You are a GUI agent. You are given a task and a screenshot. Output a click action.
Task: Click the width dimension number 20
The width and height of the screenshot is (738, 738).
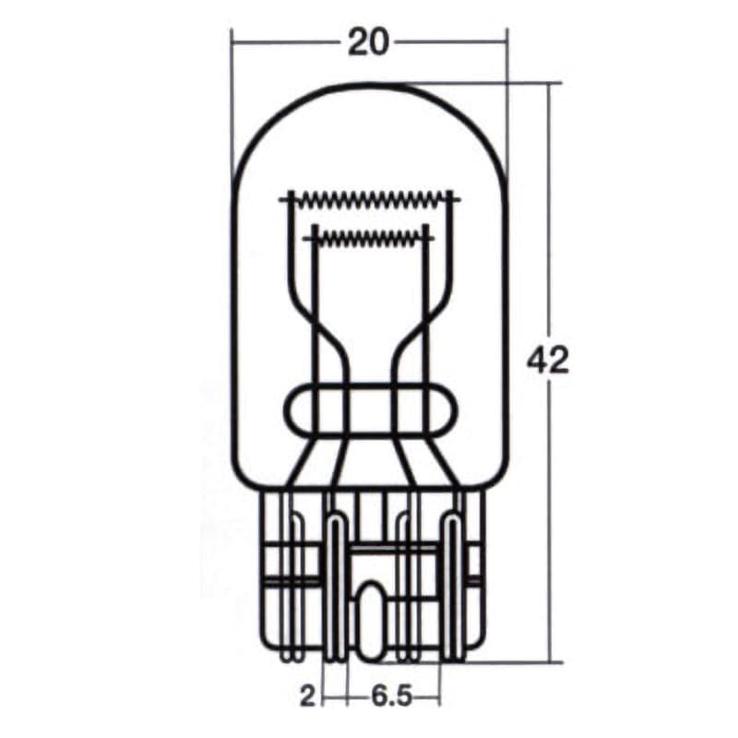(368, 42)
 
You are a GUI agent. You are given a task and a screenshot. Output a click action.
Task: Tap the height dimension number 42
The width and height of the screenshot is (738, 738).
(548, 362)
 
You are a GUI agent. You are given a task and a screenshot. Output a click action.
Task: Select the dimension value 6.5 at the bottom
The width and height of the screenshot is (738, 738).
(393, 695)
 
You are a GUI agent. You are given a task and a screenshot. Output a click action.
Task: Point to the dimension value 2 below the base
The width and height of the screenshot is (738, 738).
(307, 695)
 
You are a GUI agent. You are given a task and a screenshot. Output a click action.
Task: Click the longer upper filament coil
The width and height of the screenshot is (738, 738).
(369, 197)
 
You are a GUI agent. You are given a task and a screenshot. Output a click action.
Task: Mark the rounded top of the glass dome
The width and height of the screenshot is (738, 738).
(369, 86)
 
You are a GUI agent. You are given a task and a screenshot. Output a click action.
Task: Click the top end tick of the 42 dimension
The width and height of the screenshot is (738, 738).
(551, 83)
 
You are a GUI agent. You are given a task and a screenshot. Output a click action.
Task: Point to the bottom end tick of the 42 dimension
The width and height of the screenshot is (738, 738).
(551, 661)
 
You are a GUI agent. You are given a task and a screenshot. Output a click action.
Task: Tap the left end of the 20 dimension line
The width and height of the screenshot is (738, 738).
(232, 41)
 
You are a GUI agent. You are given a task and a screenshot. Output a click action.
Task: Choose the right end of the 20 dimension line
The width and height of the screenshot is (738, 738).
(506, 41)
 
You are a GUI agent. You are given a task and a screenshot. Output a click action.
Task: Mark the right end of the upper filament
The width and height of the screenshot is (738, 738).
(454, 197)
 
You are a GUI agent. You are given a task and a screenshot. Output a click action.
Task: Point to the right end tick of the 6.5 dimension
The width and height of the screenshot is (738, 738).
(440, 694)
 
